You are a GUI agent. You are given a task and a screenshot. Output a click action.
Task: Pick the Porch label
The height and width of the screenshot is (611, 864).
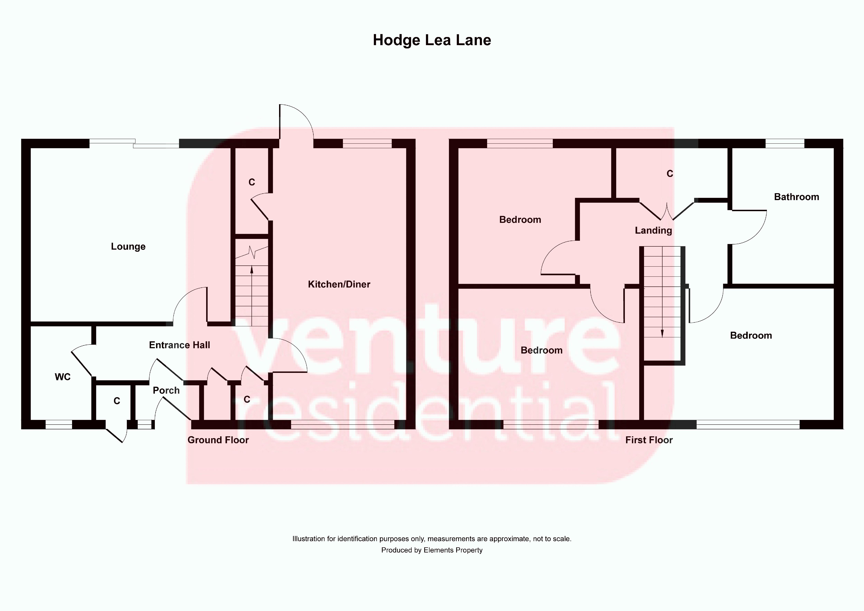tap(166, 390)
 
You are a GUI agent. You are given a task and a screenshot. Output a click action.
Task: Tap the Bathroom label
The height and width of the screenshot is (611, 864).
tap(796, 197)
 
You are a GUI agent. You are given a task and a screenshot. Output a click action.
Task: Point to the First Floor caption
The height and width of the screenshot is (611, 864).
tap(649, 440)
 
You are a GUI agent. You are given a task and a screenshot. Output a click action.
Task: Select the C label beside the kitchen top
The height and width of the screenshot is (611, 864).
tap(252, 182)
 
